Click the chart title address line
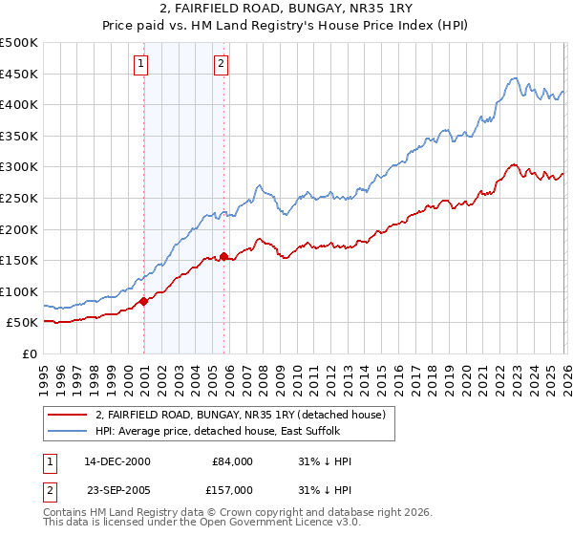(x=286, y=9)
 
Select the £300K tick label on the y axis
(x=19, y=167)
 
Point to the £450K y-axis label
(x=19, y=74)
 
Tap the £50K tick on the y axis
(x=22, y=323)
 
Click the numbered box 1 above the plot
(x=140, y=64)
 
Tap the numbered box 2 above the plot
(x=221, y=64)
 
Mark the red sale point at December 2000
(x=144, y=301)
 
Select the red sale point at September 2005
(x=224, y=256)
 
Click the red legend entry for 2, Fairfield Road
(x=240, y=415)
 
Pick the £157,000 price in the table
(x=233, y=488)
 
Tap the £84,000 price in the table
(x=233, y=461)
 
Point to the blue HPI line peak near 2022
(x=514, y=78)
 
